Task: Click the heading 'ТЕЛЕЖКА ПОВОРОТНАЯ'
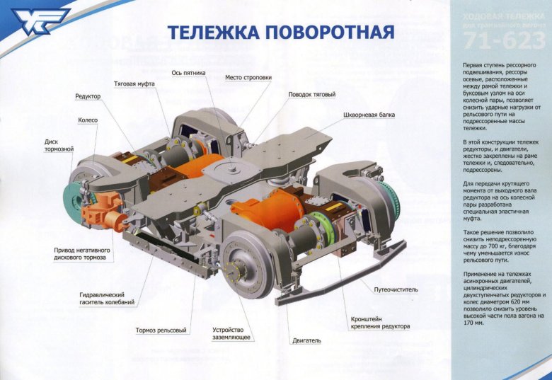click(x=280, y=33)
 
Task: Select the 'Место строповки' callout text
click(x=248, y=78)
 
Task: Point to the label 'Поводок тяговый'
click(x=311, y=95)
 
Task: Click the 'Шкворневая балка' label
click(x=369, y=115)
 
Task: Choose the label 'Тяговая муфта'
click(x=134, y=84)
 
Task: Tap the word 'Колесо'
click(x=88, y=121)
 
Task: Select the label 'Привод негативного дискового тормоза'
click(x=80, y=253)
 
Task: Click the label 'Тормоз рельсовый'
click(x=161, y=330)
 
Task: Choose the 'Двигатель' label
click(x=306, y=341)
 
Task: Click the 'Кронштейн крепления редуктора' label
click(x=380, y=323)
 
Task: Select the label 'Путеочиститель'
click(x=396, y=289)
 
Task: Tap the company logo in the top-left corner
click(x=37, y=23)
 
